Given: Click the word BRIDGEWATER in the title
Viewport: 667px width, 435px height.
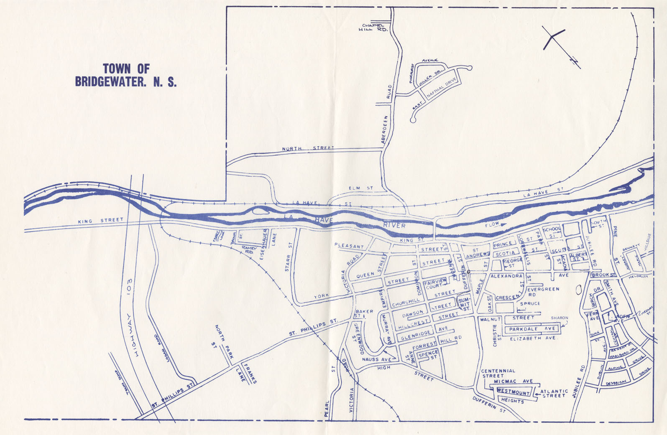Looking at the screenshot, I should click(108, 81).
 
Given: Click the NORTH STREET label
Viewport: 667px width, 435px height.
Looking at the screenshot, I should click(308, 148).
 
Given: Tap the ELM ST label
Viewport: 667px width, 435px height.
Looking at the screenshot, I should click(361, 188).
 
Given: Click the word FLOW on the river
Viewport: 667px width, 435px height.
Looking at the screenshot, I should click(492, 225).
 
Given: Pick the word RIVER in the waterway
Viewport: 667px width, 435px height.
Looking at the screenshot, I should click(394, 226).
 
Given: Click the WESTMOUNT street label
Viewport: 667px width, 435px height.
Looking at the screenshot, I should click(513, 393).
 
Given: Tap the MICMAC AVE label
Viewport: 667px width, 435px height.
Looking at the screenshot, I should click(513, 381).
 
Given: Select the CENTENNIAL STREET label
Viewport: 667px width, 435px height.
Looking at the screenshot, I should click(498, 373).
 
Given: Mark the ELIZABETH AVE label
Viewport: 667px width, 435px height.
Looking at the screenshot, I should click(532, 338).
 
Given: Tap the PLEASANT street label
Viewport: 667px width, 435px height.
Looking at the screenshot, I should click(349, 246).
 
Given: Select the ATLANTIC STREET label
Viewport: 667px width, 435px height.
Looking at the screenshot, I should click(554, 394).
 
